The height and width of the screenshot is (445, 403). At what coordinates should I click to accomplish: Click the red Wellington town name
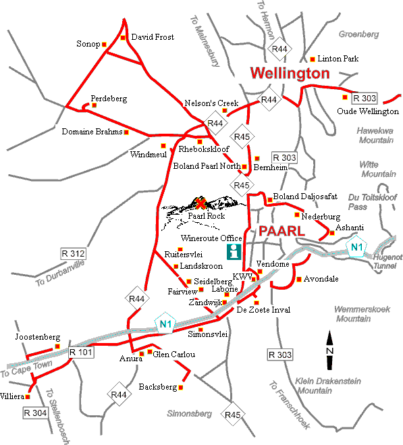[x=290, y=73]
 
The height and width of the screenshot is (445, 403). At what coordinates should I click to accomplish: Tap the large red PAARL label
[x=280, y=230]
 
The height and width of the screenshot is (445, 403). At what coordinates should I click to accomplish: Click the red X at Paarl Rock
[x=200, y=203]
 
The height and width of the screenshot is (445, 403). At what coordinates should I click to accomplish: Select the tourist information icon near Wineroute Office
[x=234, y=253]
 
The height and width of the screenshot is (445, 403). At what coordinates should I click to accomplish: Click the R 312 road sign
[x=73, y=253]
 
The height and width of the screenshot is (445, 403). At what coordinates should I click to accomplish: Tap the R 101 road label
[x=81, y=352]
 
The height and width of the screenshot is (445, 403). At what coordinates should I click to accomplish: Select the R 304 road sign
[x=36, y=412]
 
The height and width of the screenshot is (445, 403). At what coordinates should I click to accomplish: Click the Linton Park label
[x=340, y=59]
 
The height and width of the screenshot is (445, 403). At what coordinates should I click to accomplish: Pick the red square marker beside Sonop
[x=105, y=45]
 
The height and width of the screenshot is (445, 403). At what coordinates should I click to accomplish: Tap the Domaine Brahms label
[x=92, y=132]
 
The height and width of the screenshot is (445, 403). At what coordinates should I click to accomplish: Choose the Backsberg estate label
[x=157, y=388]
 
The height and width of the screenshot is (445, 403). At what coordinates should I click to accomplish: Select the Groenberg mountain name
[x=358, y=34]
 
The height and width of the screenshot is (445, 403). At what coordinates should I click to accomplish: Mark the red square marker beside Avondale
[x=299, y=278]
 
